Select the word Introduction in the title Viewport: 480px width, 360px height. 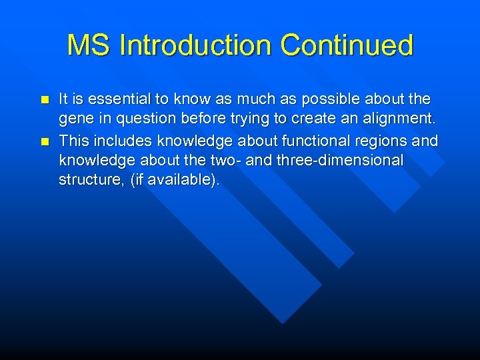click(x=196, y=45)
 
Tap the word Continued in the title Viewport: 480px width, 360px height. click(x=347, y=45)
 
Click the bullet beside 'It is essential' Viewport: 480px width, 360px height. click(x=45, y=100)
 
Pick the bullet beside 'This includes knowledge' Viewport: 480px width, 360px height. click(x=45, y=141)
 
